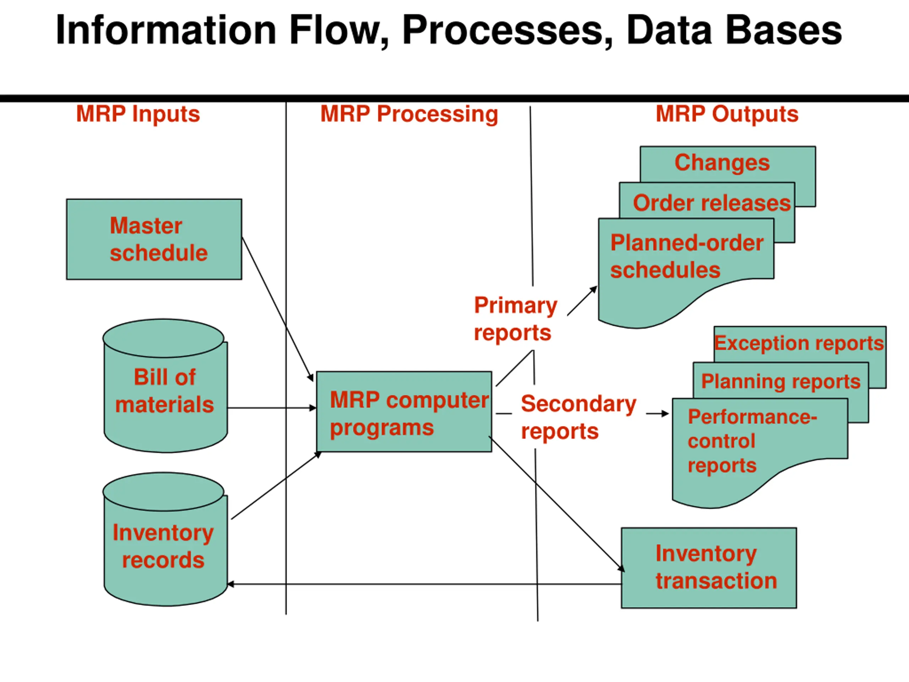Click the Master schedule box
[x=154, y=239]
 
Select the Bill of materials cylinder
[x=165, y=386]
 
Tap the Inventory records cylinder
[x=165, y=539]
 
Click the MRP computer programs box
[x=404, y=411]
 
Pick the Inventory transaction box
[x=709, y=568]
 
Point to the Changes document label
[x=722, y=163]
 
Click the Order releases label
[x=712, y=203]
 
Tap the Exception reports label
[x=799, y=343]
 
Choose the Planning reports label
[x=781, y=381]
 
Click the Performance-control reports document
[x=760, y=453]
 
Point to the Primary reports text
[x=515, y=319]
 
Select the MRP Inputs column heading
[x=138, y=114]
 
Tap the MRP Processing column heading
[x=409, y=114]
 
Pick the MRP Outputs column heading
[x=727, y=114]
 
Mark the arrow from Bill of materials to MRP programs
[x=272, y=408]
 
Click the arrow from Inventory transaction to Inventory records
[x=425, y=584]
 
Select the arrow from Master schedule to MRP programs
[x=278, y=309]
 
